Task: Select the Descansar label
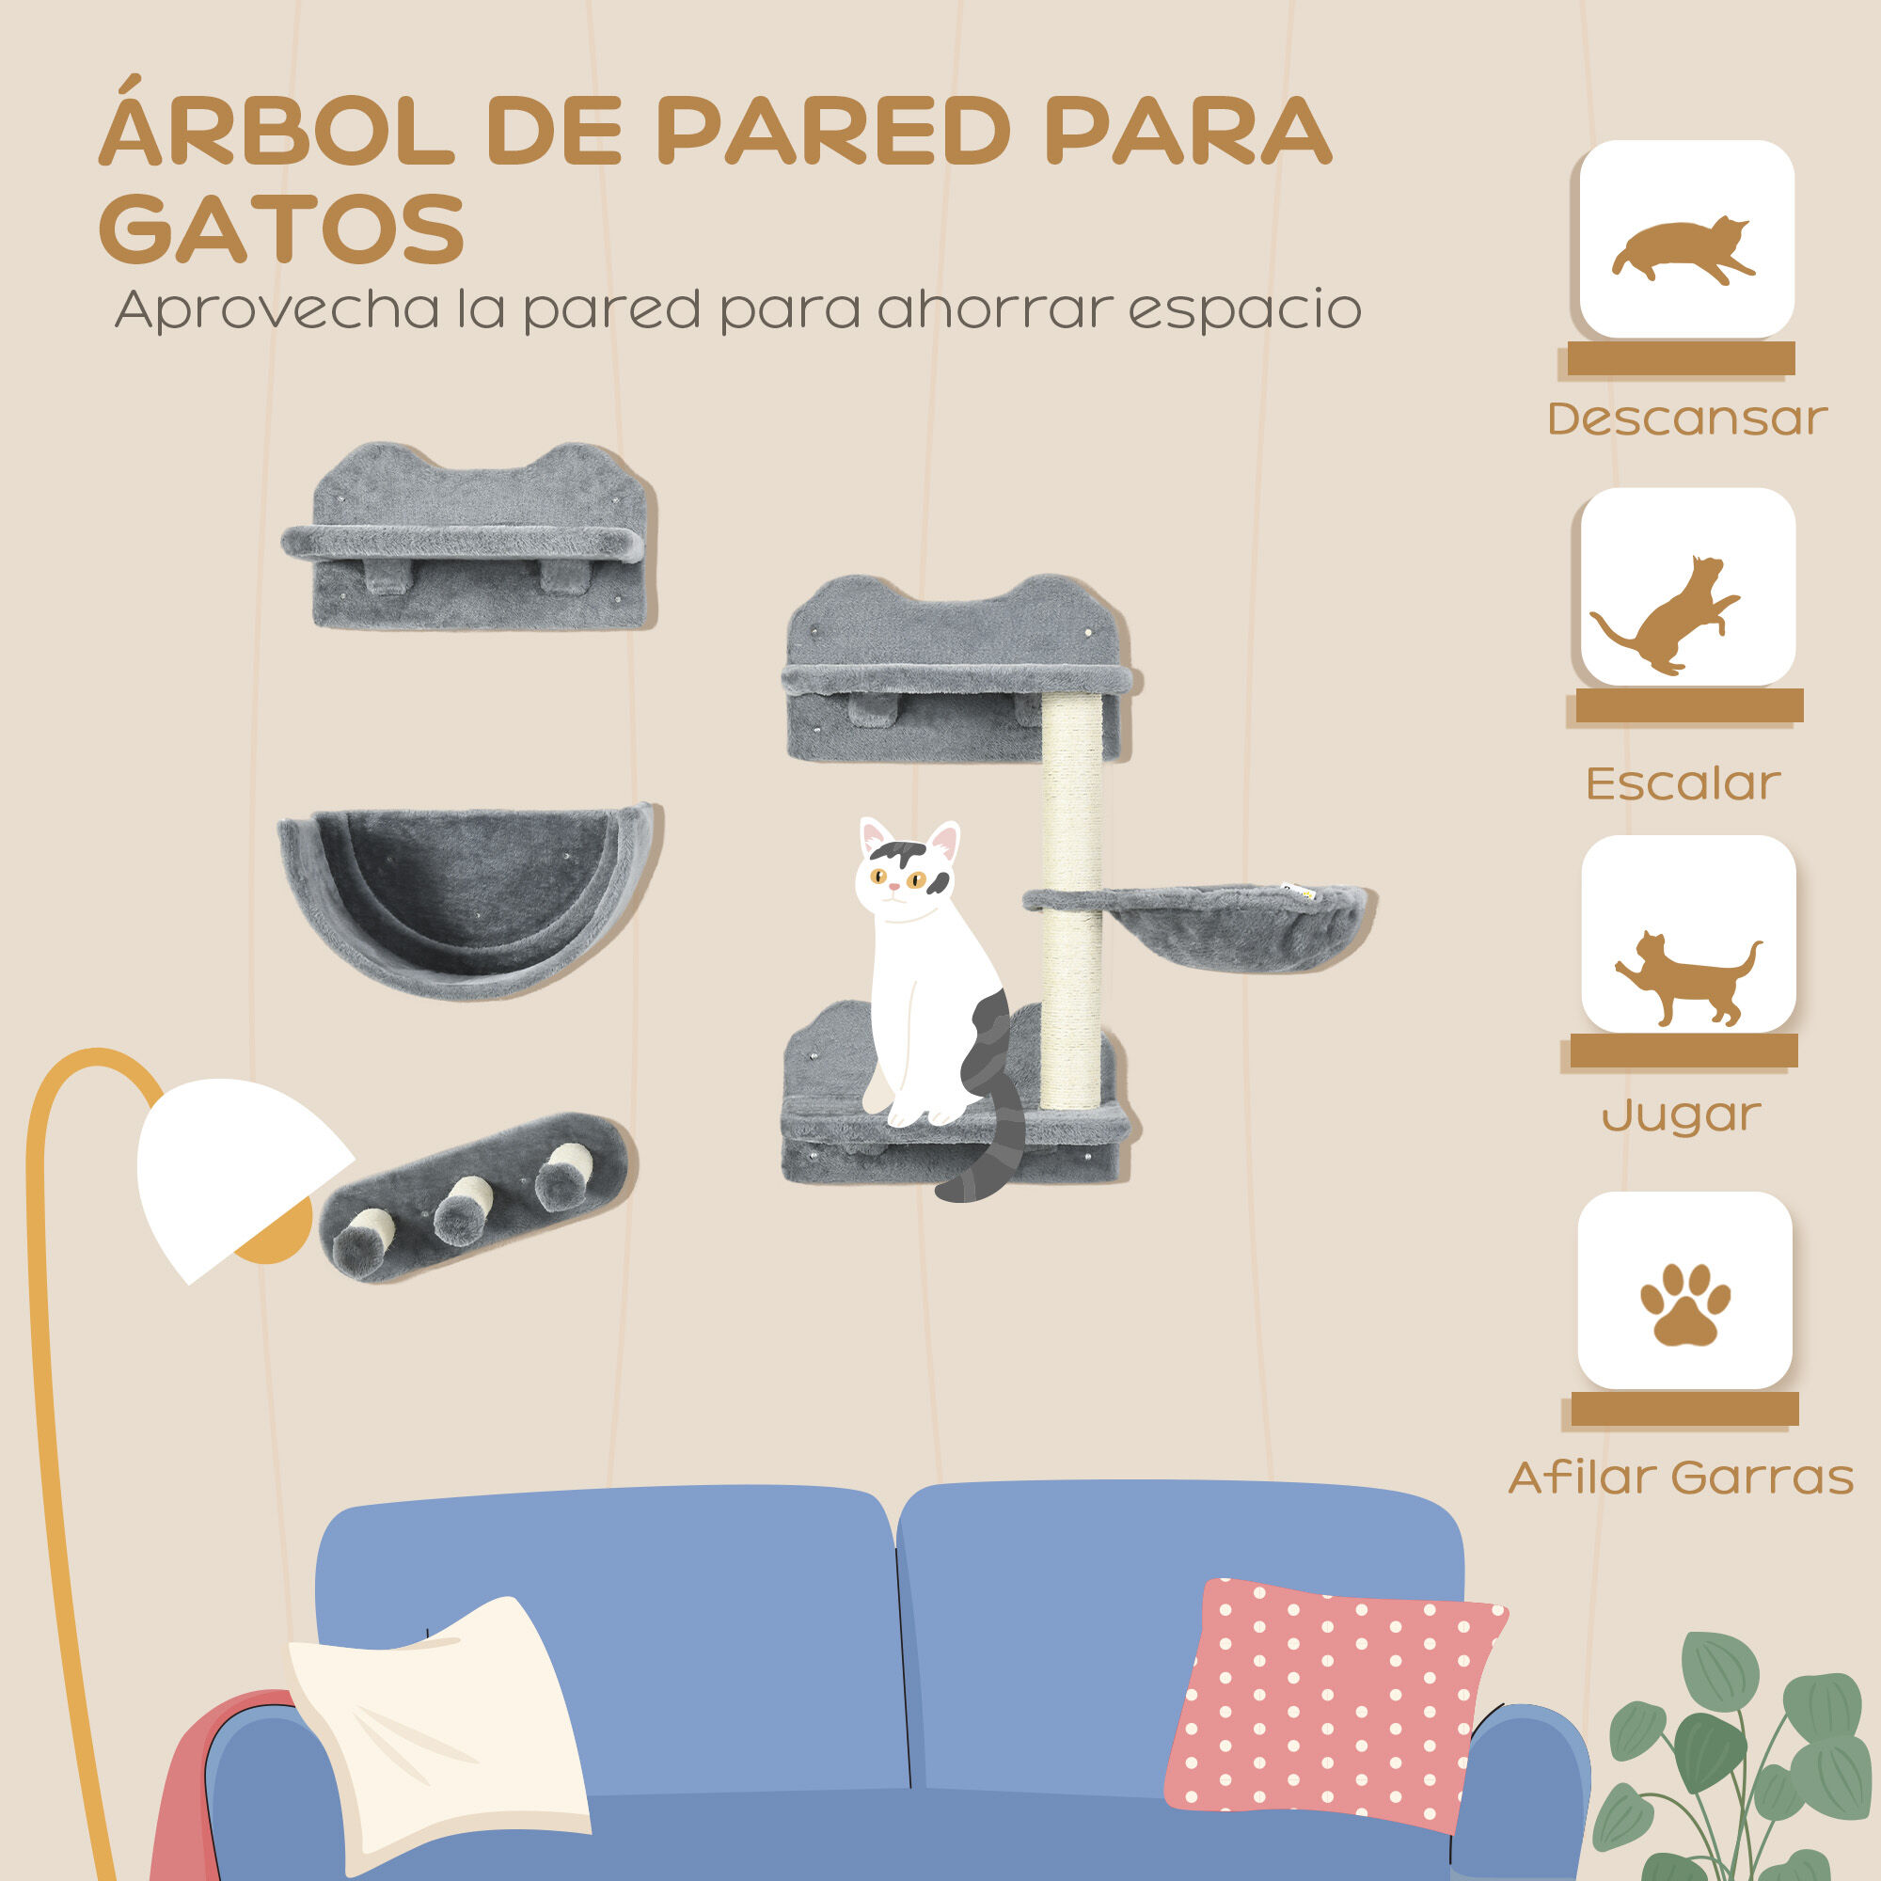(x=1686, y=419)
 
